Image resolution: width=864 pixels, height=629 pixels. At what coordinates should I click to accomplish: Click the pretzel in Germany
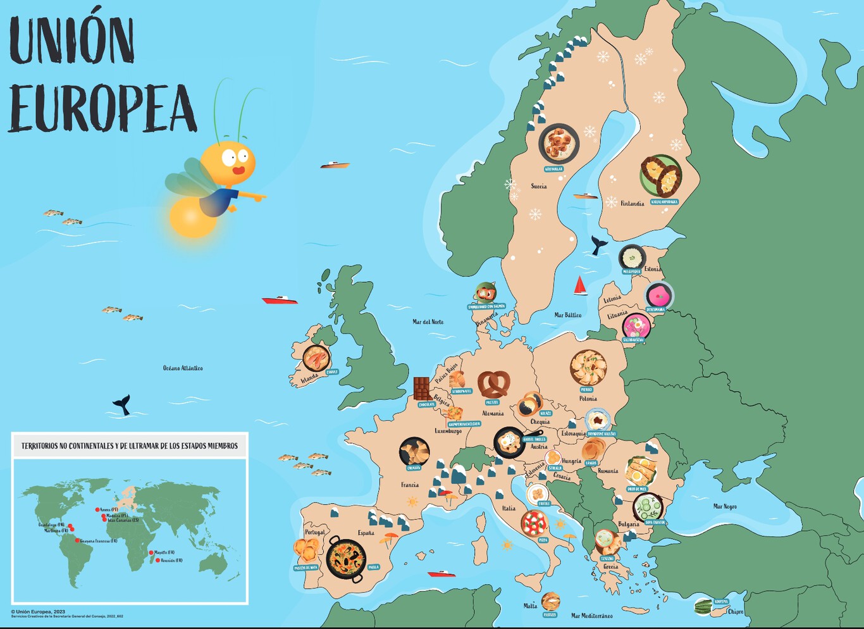(x=493, y=384)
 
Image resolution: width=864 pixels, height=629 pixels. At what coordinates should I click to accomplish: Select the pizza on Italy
(x=534, y=523)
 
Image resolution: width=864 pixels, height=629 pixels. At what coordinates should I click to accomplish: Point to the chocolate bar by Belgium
(x=422, y=388)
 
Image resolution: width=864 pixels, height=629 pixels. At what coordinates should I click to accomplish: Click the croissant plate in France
(x=414, y=452)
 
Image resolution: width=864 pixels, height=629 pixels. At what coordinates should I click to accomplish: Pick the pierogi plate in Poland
(x=588, y=368)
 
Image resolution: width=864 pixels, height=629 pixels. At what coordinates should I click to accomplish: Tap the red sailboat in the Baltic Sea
(x=580, y=286)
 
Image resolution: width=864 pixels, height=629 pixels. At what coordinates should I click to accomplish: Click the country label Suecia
(x=539, y=187)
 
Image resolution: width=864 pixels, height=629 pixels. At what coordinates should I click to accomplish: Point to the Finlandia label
(x=632, y=204)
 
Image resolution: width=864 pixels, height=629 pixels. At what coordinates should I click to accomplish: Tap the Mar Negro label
(x=725, y=506)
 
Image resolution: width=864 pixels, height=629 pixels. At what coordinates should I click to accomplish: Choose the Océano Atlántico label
(x=183, y=368)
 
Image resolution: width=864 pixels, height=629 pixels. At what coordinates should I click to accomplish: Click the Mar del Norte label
(x=428, y=322)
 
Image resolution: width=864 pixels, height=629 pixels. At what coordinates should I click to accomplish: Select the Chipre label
(x=736, y=612)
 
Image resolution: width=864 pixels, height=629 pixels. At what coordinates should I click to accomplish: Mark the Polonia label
(x=588, y=399)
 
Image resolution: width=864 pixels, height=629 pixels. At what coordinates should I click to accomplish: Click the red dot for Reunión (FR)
(x=157, y=560)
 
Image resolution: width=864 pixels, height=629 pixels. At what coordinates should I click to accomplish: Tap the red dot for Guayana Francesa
(x=77, y=540)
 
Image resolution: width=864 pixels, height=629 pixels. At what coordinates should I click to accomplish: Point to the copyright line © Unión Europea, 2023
(x=38, y=612)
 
